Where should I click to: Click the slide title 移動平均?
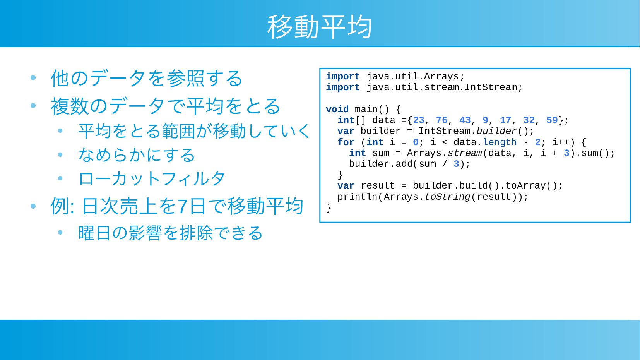point(320,27)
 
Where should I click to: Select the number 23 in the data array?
point(419,120)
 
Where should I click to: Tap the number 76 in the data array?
point(442,120)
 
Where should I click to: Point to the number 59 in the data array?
point(552,120)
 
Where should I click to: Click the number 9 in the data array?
point(485,120)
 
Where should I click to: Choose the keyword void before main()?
point(337,109)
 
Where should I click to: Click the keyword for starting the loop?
point(346,142)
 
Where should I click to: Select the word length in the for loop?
point(500,142)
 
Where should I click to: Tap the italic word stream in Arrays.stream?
point(465,153)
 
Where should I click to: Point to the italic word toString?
point(447,197)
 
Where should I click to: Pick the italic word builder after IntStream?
point(497,131)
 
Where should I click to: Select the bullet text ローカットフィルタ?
point(152,179)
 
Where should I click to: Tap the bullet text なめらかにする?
point(137,155)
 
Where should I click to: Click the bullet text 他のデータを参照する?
point(147,78)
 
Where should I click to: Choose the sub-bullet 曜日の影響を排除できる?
point(171,233)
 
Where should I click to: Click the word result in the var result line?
point(378,186)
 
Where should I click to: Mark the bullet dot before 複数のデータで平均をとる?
point(33,106)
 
